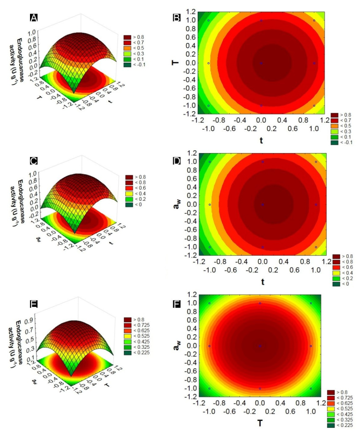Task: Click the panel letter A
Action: coord(33,18)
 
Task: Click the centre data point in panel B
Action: coord(261,63)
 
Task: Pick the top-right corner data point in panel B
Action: coord(314,20)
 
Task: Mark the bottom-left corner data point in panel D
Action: coord(210,247)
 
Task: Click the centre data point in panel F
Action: coord(260,346)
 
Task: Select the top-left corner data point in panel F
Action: coord(209,303)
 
